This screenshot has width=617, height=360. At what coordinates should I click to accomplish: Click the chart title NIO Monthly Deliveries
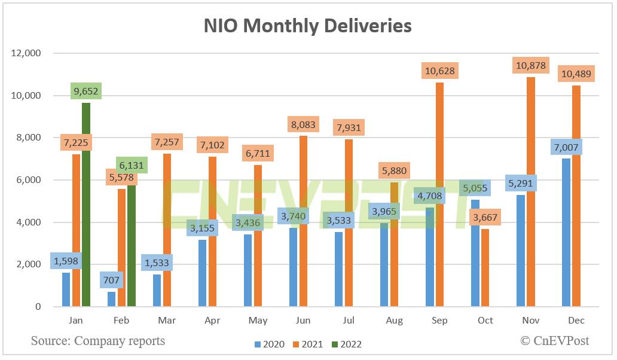coord(307,26)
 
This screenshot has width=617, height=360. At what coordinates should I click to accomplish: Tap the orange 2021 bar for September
coord(439,197)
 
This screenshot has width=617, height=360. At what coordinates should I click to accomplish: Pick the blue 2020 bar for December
coord(567,233)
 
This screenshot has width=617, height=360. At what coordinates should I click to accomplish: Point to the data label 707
coord(111,279)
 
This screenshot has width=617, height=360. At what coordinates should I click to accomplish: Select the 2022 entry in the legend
coord(343,344)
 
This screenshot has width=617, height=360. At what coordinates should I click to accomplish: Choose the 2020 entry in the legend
coord(270,344)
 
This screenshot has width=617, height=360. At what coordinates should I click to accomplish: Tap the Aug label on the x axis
coord(394,321)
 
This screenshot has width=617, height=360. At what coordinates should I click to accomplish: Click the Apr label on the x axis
coord(212,321)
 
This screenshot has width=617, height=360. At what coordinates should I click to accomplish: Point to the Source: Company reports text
coord(97,341)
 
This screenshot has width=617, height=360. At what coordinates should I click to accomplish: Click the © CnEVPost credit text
coord(554,341)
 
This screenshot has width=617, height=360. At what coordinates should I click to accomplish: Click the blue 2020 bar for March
coord(157,290)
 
